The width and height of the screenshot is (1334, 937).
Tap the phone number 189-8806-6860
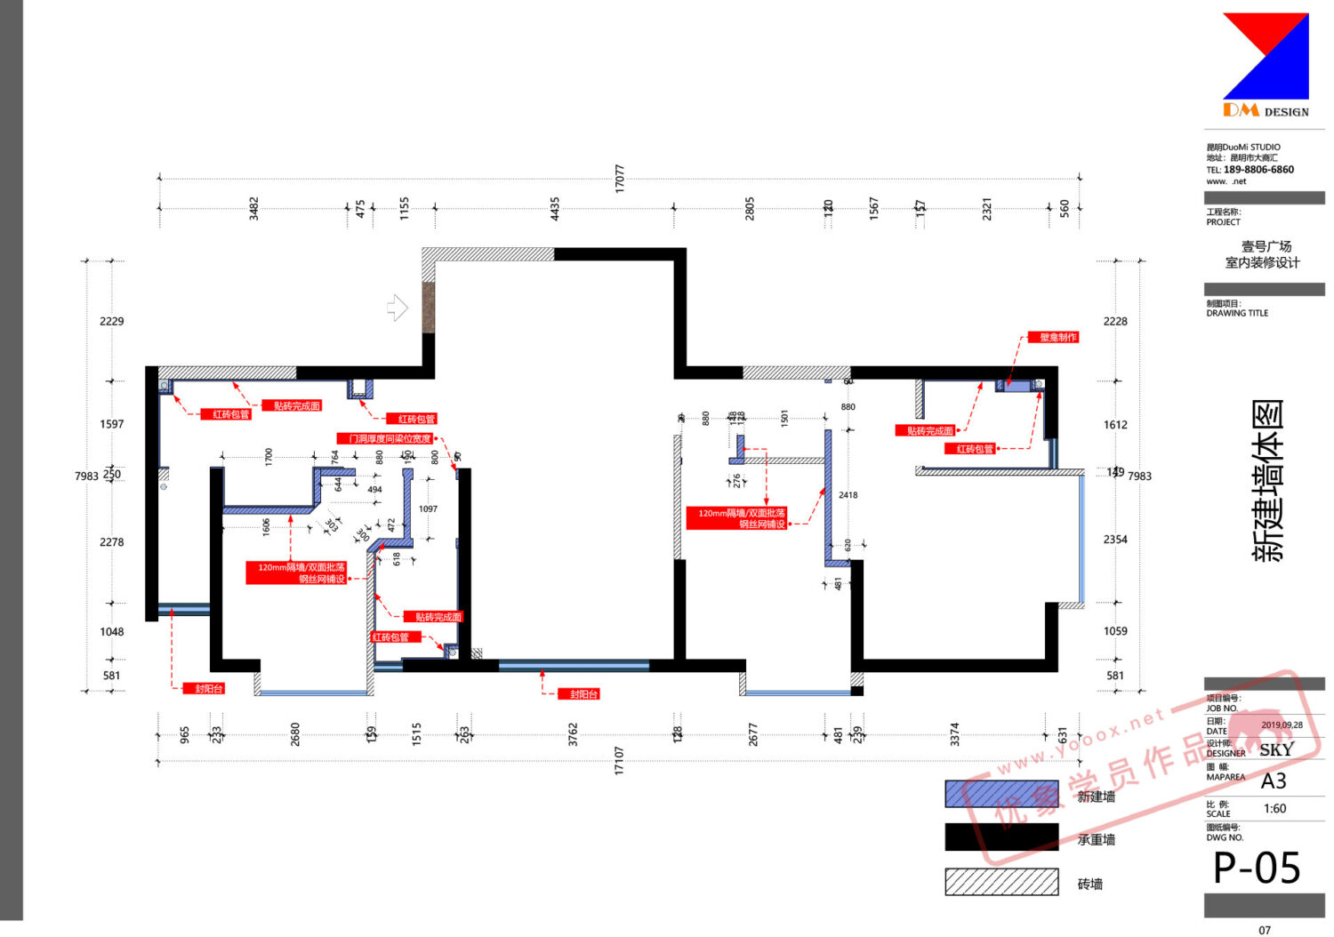1258,170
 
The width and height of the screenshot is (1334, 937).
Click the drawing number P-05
1257,868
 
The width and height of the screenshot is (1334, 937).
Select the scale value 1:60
1274,808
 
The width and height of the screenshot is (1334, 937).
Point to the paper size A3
1274,781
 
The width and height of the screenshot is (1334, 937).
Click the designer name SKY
1276,749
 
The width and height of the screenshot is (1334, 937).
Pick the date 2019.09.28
1282,725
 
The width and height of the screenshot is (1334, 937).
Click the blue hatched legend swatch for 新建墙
1001,795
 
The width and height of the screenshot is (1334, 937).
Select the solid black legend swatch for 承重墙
1001,837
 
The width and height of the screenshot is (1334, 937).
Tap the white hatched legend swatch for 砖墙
1001,882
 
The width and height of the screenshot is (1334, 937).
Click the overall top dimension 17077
620,179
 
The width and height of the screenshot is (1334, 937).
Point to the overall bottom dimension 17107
619,761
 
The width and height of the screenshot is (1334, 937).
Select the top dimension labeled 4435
555,209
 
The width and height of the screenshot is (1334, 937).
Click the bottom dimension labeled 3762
573,734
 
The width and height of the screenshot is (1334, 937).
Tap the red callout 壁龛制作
1057,337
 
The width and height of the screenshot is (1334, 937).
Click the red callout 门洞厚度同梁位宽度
390,438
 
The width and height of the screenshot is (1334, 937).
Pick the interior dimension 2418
848,495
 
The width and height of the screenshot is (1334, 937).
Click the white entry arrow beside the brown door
398,308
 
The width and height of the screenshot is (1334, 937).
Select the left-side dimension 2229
112,321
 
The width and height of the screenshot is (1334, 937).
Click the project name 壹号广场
1266,246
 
